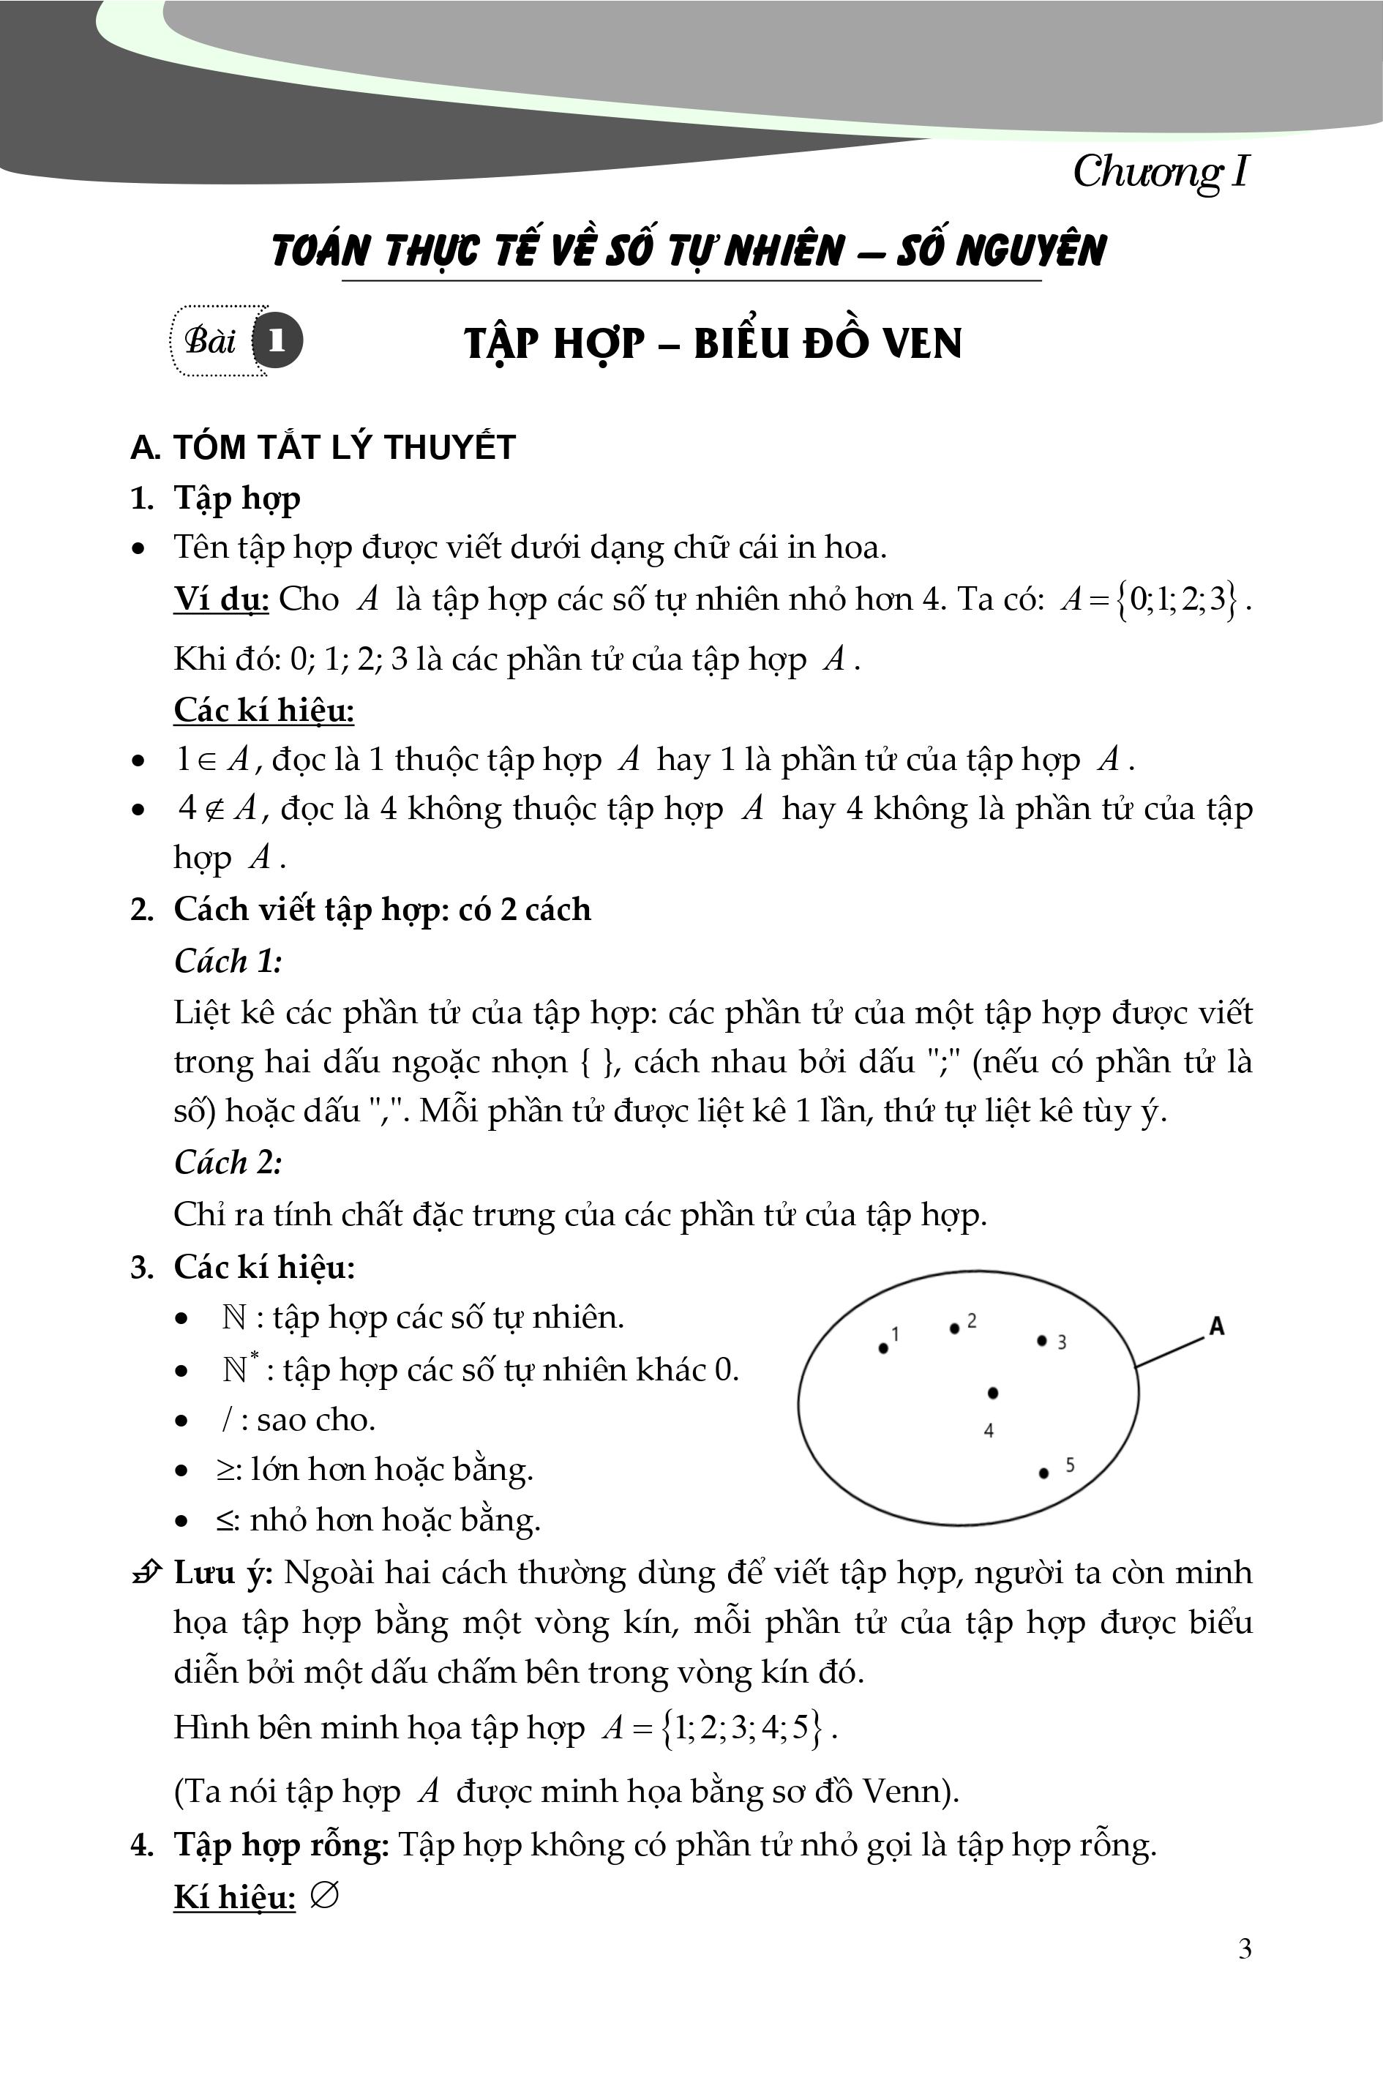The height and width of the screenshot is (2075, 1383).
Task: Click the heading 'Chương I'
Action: point(1161,171)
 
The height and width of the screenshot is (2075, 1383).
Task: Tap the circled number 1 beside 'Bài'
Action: point(277,340)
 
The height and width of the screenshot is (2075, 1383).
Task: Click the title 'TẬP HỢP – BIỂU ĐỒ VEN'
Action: point(713,343)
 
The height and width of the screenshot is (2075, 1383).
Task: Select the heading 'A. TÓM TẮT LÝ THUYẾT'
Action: point(323,447)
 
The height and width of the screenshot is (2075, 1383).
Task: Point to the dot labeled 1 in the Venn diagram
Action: point(884,1348)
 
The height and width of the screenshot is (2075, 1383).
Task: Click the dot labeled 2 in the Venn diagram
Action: point(954,1328)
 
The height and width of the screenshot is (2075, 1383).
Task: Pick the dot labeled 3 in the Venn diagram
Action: point(1042,1341)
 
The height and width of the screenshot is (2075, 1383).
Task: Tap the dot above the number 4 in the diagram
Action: point(992,1393)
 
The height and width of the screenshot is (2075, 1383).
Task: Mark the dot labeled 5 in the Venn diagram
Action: point(1044,1473)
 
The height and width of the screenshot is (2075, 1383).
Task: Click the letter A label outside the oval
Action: point(1216,1326)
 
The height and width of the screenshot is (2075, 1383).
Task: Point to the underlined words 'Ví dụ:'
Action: point(222,599)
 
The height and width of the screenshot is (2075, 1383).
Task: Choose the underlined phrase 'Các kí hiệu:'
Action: point(263,710)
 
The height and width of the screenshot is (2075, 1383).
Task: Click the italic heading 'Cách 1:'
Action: point(228,961)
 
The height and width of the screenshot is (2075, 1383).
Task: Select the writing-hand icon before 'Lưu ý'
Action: point(146,1572)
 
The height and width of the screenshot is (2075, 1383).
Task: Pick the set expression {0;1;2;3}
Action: point(1175,601)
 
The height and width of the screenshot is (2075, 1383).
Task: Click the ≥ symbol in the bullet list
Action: point(226,1470)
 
